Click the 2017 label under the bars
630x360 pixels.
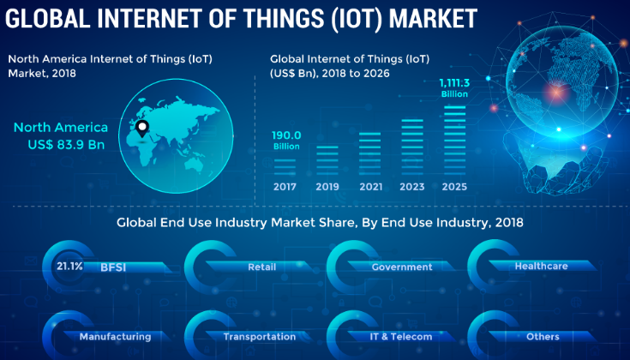[285, 187]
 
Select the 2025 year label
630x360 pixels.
[454, 187]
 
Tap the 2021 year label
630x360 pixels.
[371, 187]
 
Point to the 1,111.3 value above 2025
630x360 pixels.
[454, 83]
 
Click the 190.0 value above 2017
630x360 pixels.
[286, 135]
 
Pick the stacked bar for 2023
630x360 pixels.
[412, 147]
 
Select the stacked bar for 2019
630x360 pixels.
[327, 160]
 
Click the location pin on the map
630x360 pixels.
[142, 129]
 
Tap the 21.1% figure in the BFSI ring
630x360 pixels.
[69, 266]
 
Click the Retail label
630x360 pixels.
[262, 267]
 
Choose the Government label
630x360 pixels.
[402, 267]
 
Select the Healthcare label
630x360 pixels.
[541, 266]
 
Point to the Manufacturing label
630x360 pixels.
[116, 337]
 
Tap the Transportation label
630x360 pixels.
[260, 337]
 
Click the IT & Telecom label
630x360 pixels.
[401, 337]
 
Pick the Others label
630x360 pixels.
[543, 337]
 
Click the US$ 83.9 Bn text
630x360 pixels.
[66, 145]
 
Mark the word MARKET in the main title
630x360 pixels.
[433, 19]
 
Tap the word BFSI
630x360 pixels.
[113, 267]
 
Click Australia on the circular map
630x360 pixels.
[194, 164]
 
